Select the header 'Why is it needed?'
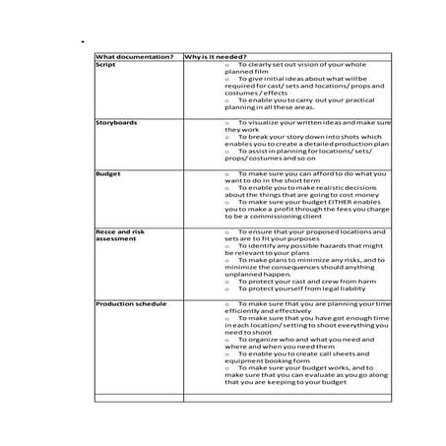pos(215,56)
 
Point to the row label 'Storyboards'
pos(116,122)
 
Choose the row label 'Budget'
pos(108,172)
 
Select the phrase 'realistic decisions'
pos(314,187)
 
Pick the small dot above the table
pos(71,43)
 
